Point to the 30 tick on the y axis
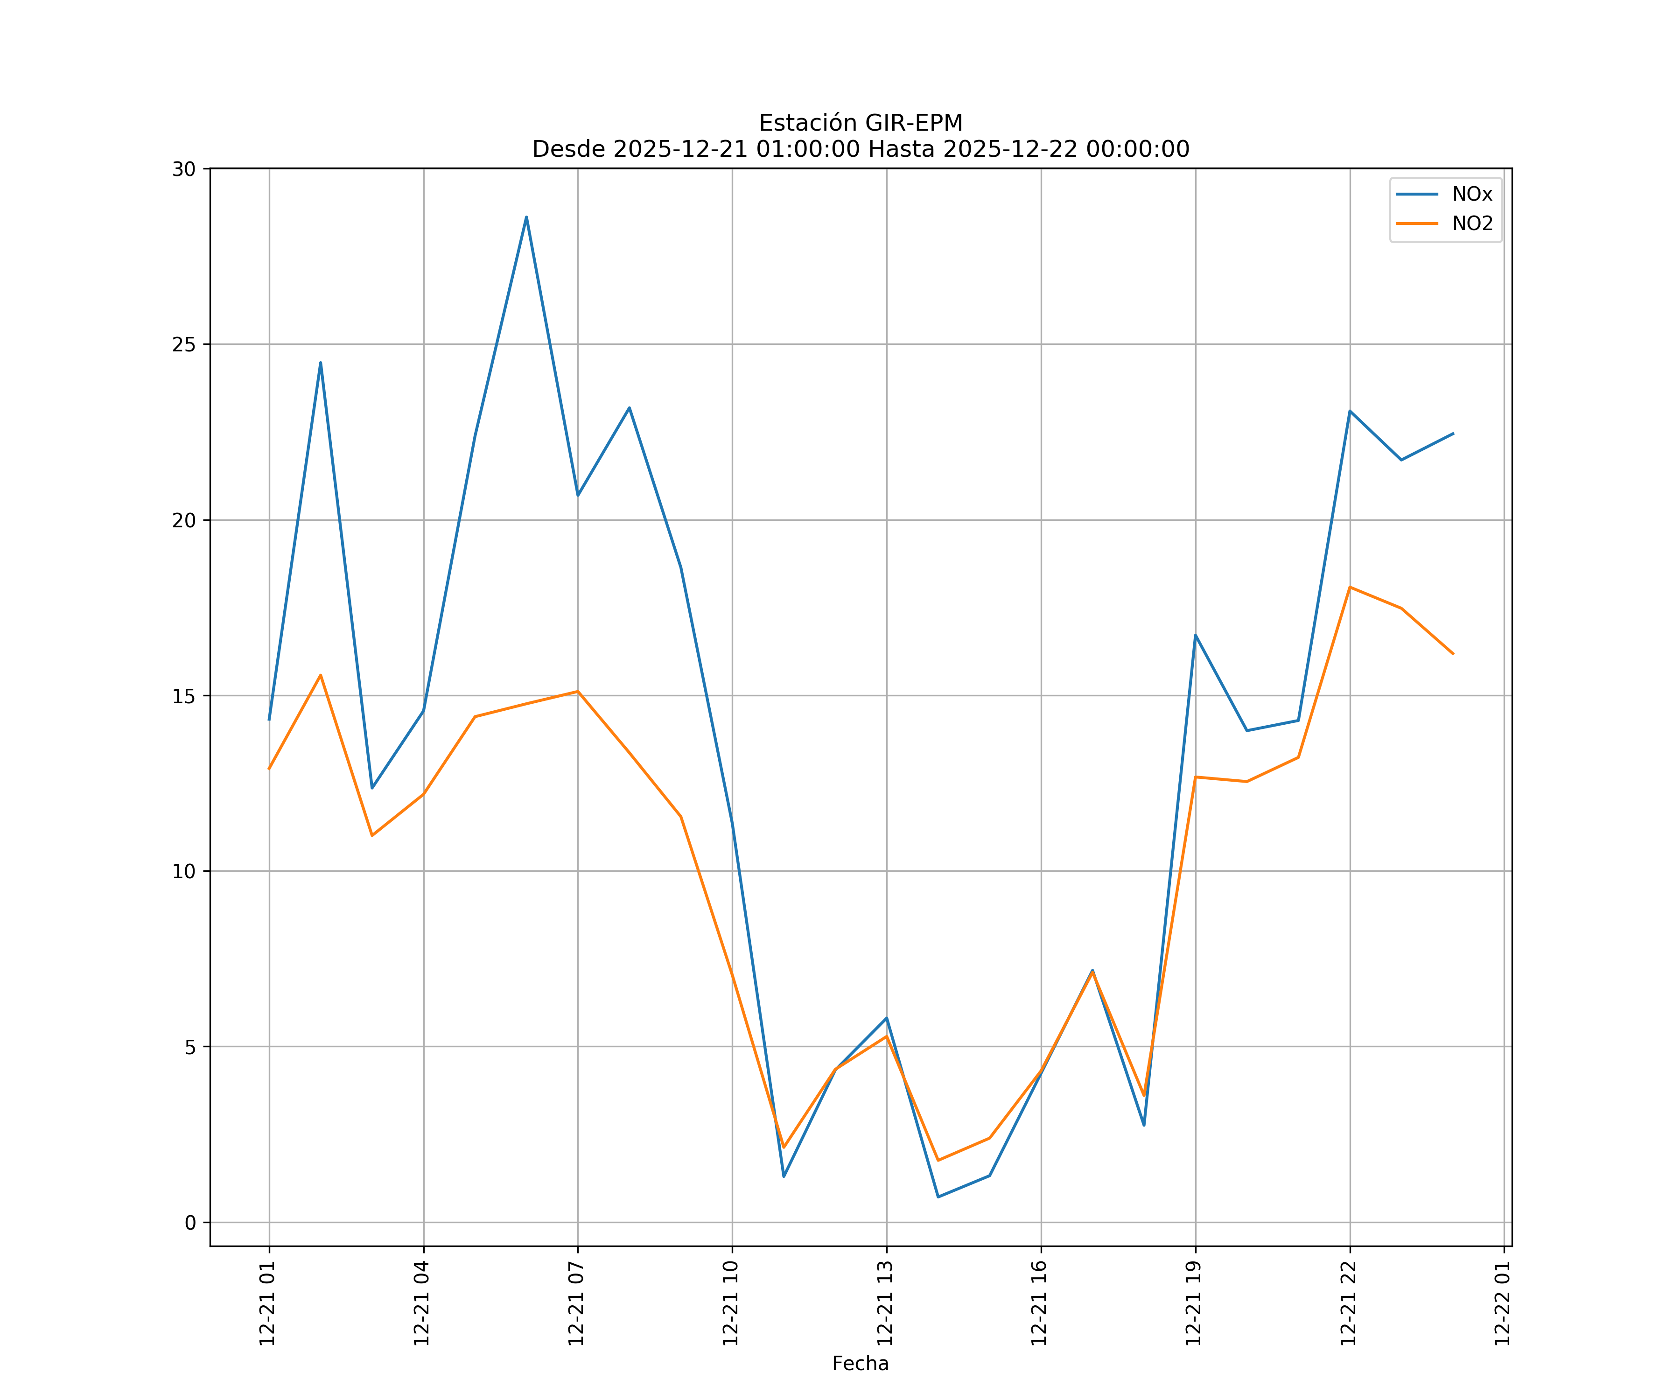point(184,169)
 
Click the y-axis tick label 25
point(184,345)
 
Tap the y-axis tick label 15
point(184,696)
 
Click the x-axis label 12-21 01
point(267,1303)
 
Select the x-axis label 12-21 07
point(576,1303)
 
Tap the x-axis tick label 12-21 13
point(885,1303)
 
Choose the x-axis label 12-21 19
point(1194,1303)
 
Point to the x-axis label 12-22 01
point(1502,1303)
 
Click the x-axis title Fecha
point(860,1364)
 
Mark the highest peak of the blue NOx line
point(526,217)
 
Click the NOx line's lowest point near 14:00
point(938,1197)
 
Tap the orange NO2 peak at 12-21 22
point(1350,587)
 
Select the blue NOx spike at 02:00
point(321,363)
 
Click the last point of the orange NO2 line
point(1453,654)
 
